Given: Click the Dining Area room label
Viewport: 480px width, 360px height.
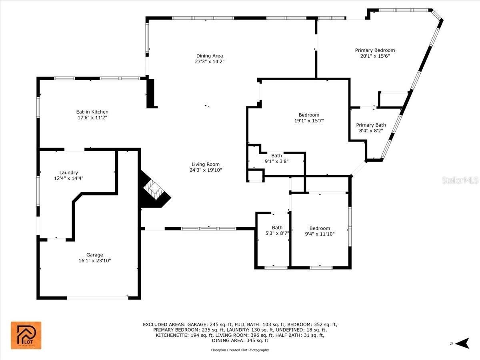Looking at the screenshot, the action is pos(210,56).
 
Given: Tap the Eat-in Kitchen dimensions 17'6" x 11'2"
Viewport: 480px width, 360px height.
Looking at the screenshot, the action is pos(92,118).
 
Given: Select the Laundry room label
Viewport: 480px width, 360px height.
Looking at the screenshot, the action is pos(69,173).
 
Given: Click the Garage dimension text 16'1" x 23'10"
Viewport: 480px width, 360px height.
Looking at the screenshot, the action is pos(95,260).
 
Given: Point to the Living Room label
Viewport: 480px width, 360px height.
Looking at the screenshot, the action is pos(206,164).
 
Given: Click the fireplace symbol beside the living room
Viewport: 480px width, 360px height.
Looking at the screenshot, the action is pos(155,189).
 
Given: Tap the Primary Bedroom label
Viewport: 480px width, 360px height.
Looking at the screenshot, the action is pos(375,50).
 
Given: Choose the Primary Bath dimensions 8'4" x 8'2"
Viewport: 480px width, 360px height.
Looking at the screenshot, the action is pos(371,131).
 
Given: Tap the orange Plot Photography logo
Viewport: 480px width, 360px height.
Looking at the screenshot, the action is pos(26,335).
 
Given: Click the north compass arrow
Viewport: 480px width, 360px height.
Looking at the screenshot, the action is pos(463,343).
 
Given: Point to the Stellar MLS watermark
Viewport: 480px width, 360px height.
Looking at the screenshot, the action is pos(460,180).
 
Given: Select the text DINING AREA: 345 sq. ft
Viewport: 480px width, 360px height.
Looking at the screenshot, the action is pos(240,340).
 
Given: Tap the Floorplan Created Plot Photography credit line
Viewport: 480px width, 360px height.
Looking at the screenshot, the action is pos(240,350).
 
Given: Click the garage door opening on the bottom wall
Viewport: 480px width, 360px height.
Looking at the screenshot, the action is pos(98,298).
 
